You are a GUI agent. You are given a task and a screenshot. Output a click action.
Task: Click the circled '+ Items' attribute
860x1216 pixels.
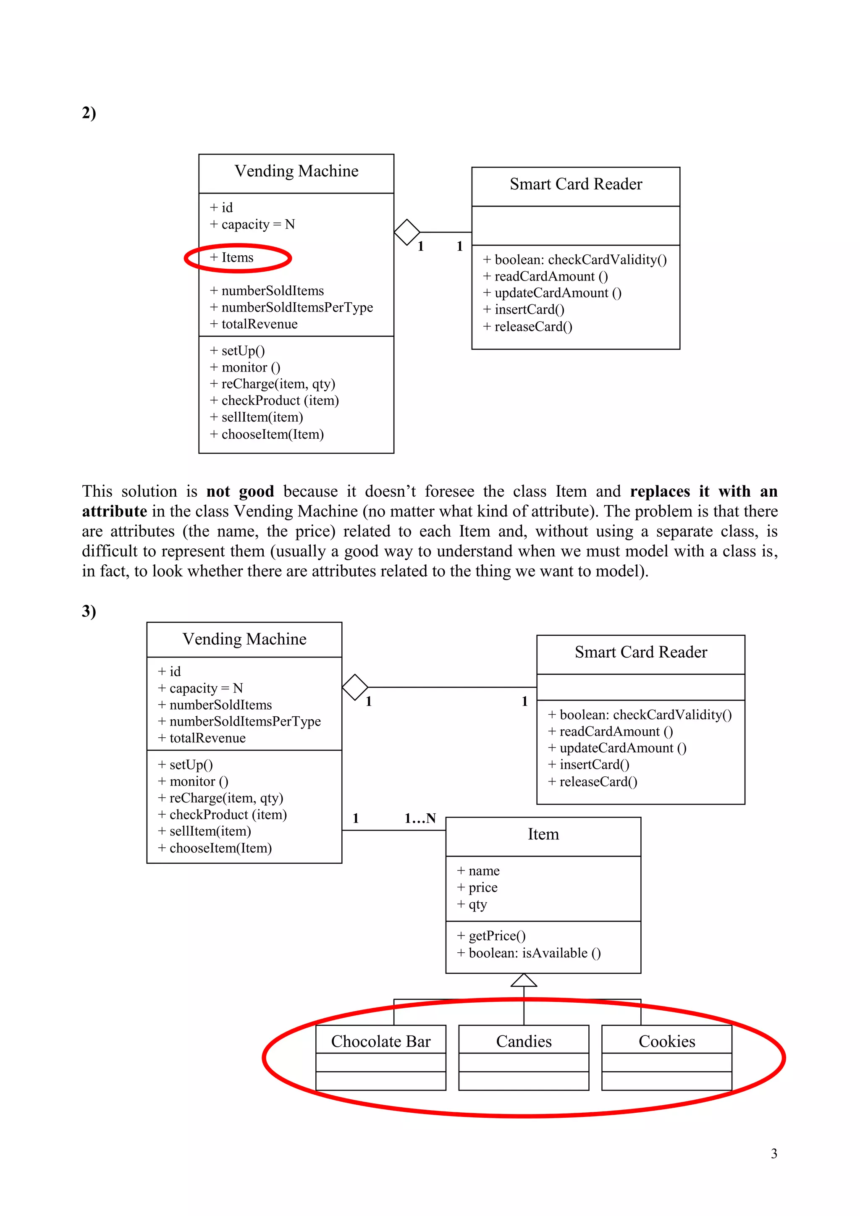tap(232, 258)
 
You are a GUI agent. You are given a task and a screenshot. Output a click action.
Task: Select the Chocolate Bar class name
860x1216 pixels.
tap(381, 1041)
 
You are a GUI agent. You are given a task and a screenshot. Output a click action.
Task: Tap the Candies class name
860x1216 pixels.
tap(524, 1041)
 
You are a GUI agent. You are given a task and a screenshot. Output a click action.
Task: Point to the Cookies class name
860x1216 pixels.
tap(667, 1041)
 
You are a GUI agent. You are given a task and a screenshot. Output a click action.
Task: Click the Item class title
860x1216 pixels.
tap(543, 834)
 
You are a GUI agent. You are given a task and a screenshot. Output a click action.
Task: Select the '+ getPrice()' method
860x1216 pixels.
tap(491, 936)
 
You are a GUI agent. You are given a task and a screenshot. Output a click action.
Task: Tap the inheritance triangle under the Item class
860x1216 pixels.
tap(524, 981)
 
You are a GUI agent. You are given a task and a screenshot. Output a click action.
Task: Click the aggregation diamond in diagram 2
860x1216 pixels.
tap(407, 233)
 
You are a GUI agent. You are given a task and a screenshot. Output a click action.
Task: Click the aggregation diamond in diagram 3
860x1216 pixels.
tap(355, 687)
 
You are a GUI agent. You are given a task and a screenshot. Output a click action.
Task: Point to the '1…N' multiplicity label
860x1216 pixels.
tap(420, 818)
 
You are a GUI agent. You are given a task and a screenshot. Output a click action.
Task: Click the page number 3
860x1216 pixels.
tap(773, 1153)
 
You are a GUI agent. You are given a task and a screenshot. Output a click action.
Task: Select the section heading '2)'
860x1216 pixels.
tap(89, 113)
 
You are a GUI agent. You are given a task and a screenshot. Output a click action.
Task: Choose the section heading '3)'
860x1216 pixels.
tap(89, 611)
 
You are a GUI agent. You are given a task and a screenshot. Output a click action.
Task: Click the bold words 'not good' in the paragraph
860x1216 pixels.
tap(240, 492)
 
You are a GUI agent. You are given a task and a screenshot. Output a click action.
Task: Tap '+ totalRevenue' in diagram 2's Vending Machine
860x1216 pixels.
tap(254, 324)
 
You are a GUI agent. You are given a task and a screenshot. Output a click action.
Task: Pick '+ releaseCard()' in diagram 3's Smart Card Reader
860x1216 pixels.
tap(593, 782)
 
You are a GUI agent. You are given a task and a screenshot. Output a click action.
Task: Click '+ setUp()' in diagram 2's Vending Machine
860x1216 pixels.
tap(237, 351)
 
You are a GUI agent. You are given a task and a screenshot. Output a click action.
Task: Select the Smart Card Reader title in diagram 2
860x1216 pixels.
tap(576, 184)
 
